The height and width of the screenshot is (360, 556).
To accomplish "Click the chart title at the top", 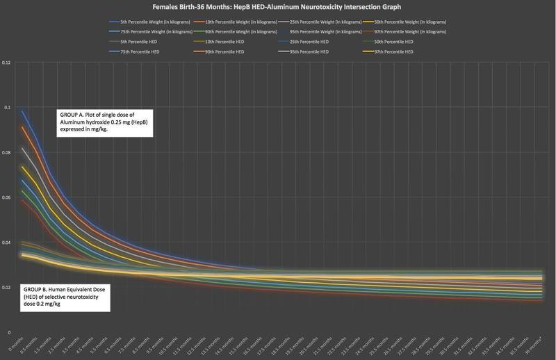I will (278, 8).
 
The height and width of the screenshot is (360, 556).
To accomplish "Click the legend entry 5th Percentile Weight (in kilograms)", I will (146, 22).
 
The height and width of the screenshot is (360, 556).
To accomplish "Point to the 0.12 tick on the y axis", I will (7, 63).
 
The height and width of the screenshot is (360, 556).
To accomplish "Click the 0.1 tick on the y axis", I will (8, 108).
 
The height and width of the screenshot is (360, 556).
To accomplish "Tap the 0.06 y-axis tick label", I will (7, 198).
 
